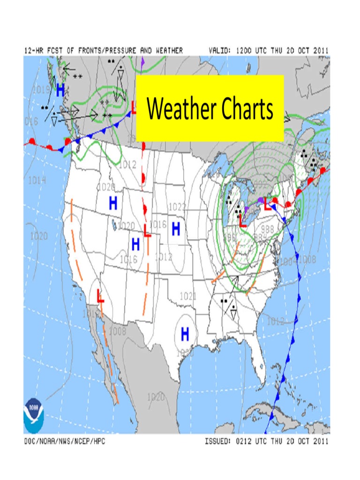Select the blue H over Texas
point(185,334)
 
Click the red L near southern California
point(100,296)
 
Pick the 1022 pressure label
point(177,207)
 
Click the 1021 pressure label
point(187,296)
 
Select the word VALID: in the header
point(220,50)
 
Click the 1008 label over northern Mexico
point(117,331)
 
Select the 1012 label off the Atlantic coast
point(276,321)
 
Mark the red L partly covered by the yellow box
point(134,108)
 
